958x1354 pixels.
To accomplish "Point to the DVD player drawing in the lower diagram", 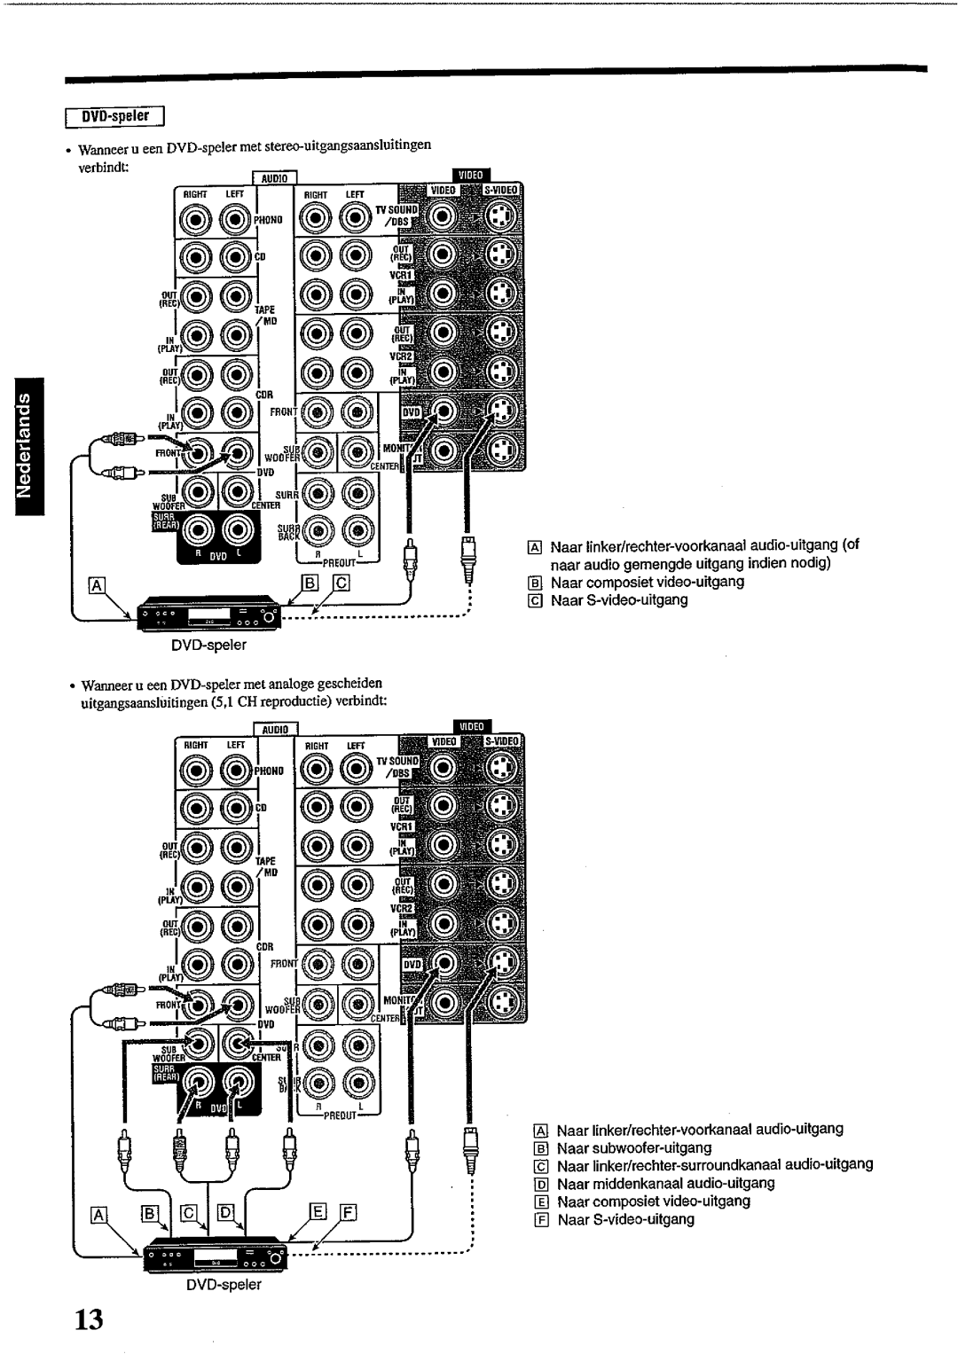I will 214,1254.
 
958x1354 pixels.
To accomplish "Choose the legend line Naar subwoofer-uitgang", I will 634,1147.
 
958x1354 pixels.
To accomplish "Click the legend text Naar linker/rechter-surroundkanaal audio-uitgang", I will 715,1164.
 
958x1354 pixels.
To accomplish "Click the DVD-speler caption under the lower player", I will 230,1284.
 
